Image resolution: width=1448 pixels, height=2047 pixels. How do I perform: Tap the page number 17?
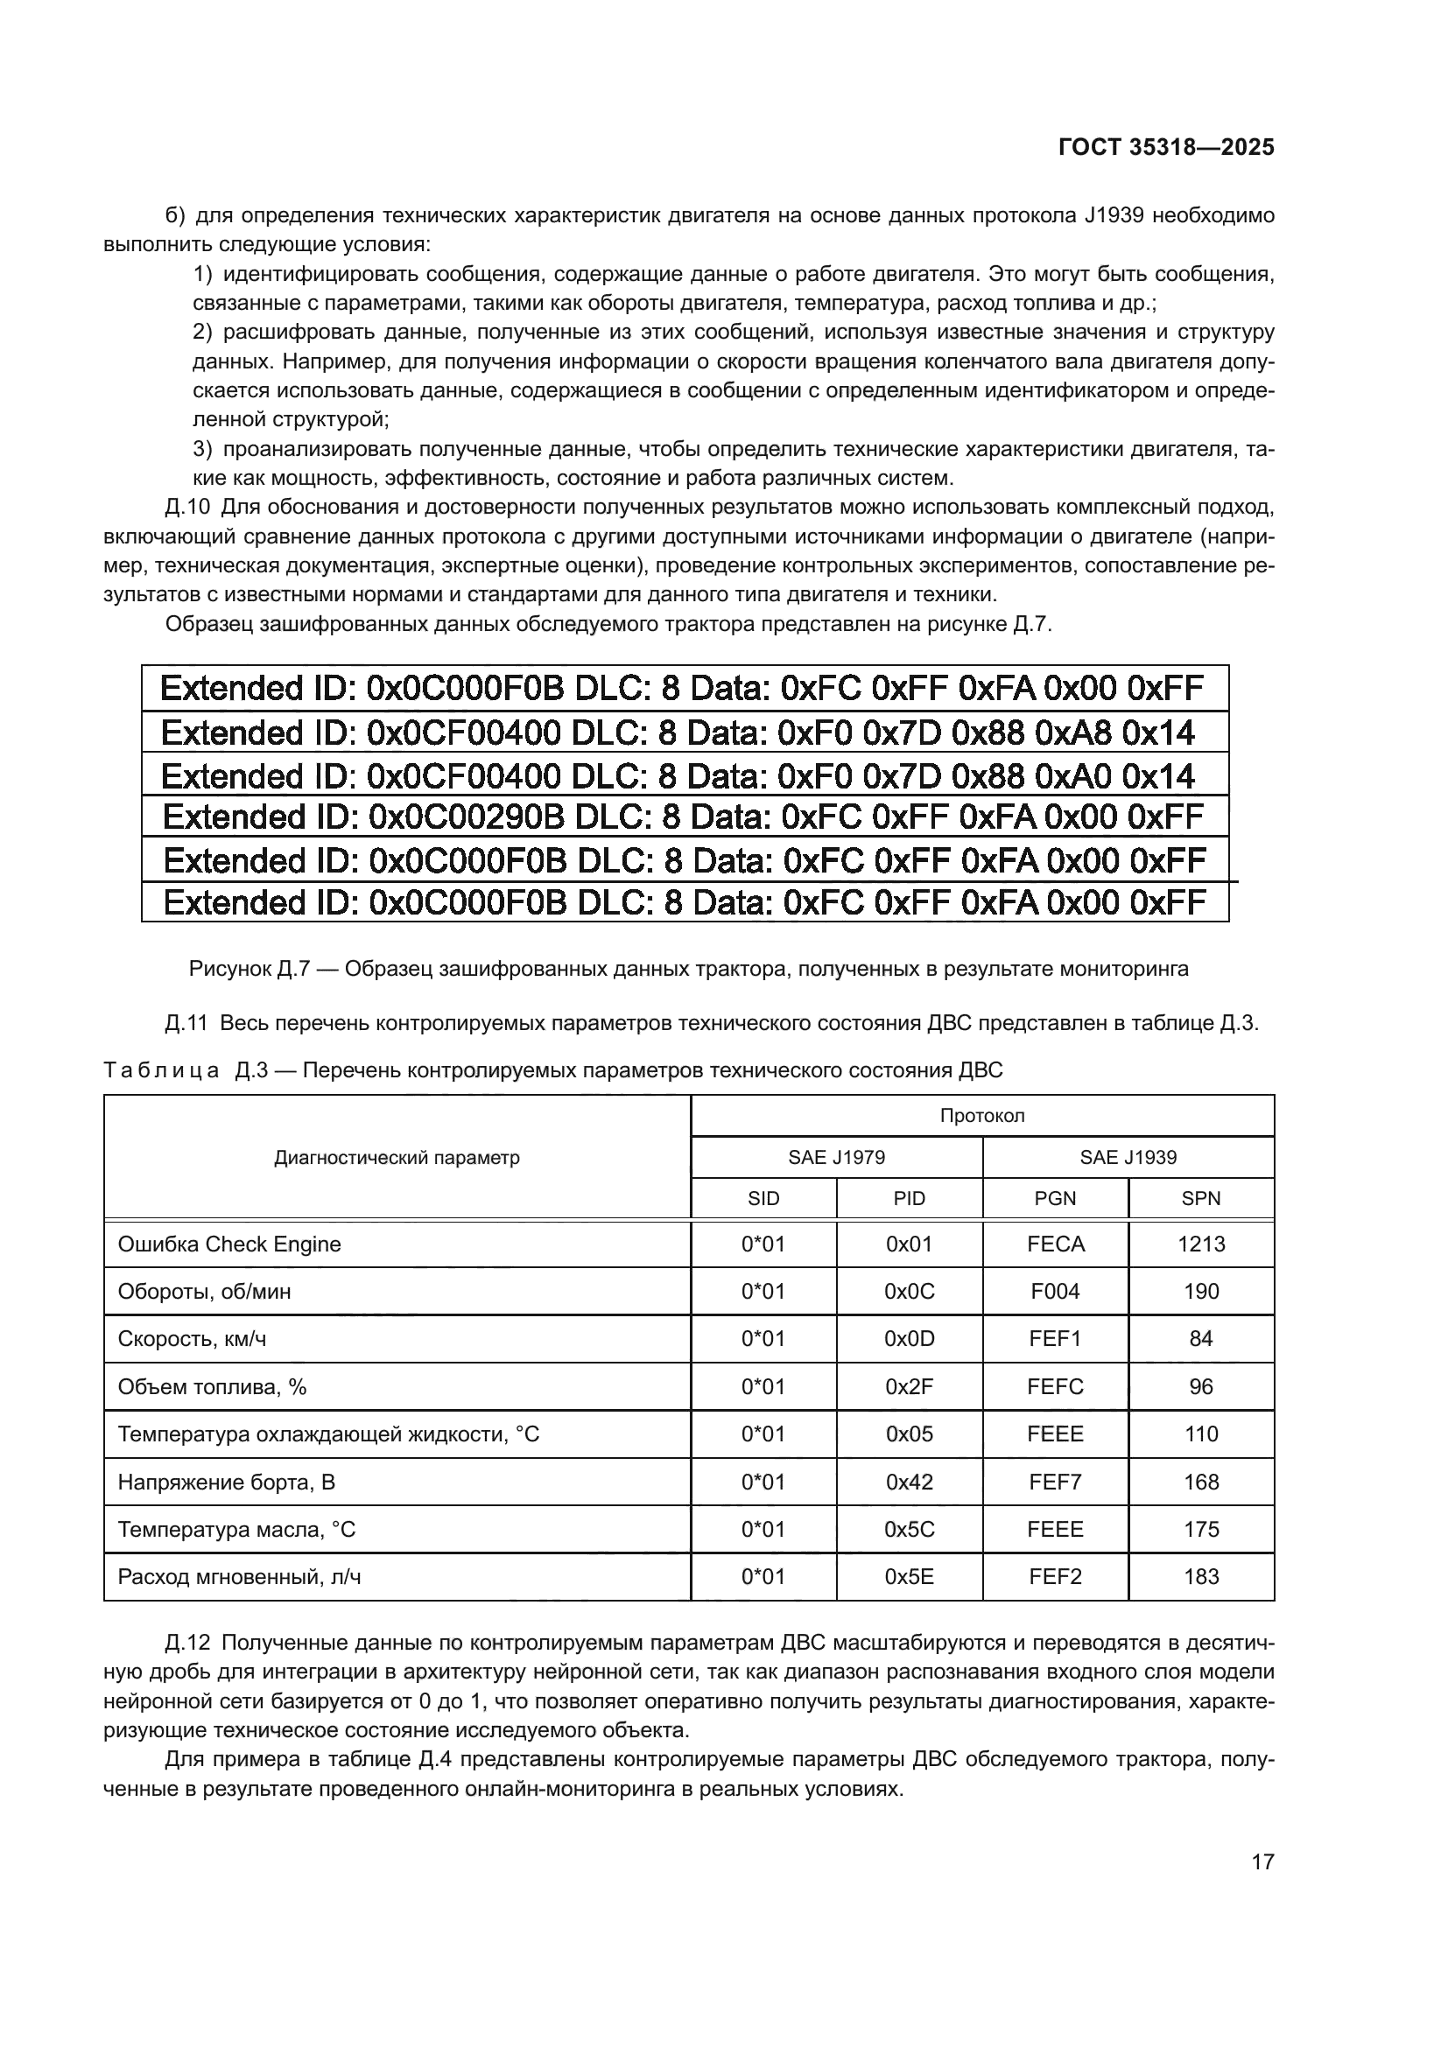pyautogui.click(x=1262, y=1861)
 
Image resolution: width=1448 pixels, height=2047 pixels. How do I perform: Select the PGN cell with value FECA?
pyautogui.click(x=1055, y=1244)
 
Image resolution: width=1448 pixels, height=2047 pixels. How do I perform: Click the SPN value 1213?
pyautogui.click(x=1200, y=1244)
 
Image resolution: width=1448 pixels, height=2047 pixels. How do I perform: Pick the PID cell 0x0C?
pyautogui.click(x=909, y=1292)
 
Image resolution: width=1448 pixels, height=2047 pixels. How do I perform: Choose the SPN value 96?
pyautogui.click(x=1200, y=1387)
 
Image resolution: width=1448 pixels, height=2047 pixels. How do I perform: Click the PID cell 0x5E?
pyautogui.click(x=909, y=1577)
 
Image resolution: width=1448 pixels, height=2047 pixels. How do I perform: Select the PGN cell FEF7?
pyautogui.click(x=1055, y=1482)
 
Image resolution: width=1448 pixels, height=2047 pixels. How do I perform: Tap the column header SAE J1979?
pyautogui.click(x=835, y=1157)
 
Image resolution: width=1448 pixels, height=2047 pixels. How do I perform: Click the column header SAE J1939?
pyautogui.click(x=1128, y=1157)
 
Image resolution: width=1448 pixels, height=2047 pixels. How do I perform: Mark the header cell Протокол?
pyautogui.click(x=981, y=1116)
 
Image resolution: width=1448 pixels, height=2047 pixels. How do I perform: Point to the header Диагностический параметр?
pyautogui.click(x=397, y=1158)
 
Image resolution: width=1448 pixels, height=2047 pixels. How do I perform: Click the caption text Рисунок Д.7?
pyautogui.click(x=248, y=969)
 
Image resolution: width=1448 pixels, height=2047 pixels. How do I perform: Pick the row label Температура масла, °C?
pyautogui.click(x=236, y=1530)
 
